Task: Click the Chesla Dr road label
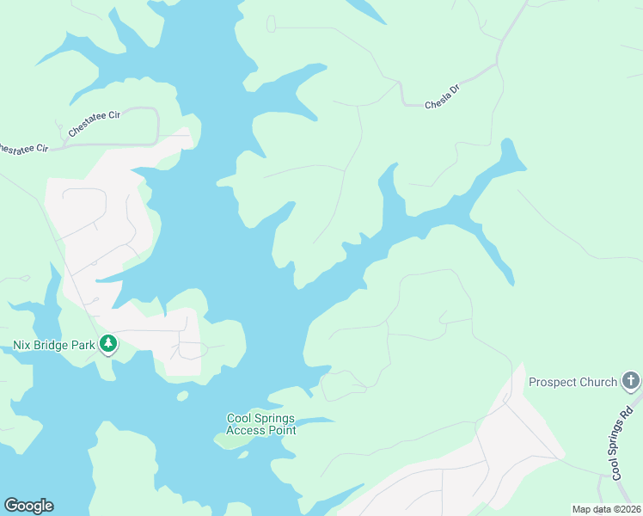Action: (x=444, y=100)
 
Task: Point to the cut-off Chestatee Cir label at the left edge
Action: (x=22, y=148)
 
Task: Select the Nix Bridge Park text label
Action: (x=52, y=345)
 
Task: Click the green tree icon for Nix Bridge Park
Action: (x=108, y=345)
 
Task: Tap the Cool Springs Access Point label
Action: (x=261, y=424)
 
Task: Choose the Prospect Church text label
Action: (x=573, y=382)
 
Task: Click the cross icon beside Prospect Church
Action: (x=631, y=381)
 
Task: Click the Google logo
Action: (x=28, y=506)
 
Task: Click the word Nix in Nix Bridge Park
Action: (x=21, y=345)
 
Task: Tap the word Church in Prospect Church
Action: (x=598, y=382)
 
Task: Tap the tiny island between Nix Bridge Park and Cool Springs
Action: (x=182, y=396)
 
